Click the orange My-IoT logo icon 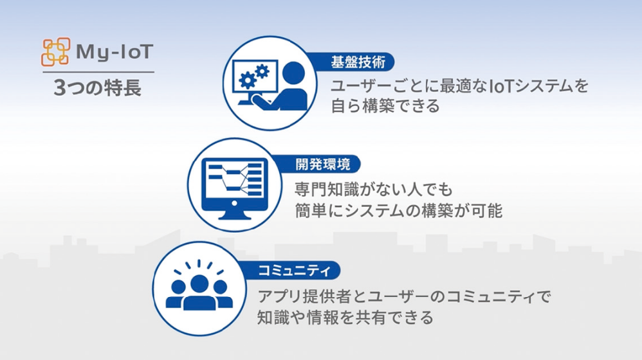pos(55,51)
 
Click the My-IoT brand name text pos(113,51)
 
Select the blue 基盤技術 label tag pos(357,62)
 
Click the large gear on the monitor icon pos(246,80)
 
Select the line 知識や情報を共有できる pos(345,317)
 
